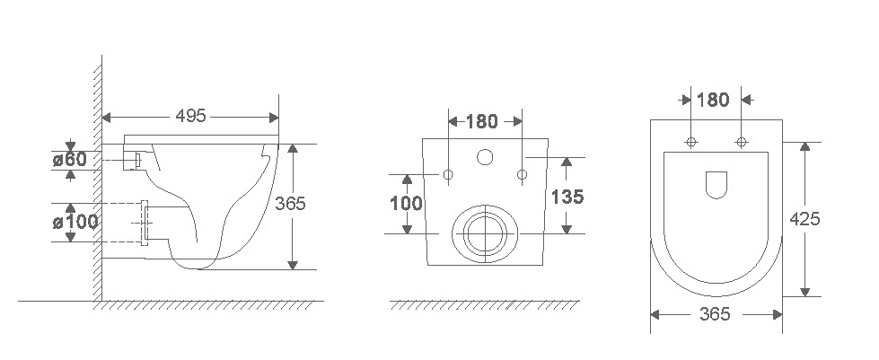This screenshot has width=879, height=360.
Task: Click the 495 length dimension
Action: coord(190,116)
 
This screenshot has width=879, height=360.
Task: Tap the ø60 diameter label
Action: coord(69,160)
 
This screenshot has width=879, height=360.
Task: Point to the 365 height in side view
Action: coord(292,204)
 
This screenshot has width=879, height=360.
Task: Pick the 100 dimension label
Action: coord(406,203)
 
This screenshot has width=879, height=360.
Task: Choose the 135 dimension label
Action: coord(568,197)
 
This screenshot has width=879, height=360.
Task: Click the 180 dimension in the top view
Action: coord(714,100)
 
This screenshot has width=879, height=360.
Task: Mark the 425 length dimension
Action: coord(805,219)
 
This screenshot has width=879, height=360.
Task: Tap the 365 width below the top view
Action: coord(716,314)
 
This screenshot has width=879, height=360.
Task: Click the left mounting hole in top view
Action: coord(691,142)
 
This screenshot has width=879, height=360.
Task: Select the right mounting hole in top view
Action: coord(742,142)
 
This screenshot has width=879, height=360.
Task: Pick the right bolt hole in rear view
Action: coord(522,173)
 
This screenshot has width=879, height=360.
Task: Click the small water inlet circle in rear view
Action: coord(486,159)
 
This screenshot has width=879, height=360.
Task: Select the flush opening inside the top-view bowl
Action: coord(716,184)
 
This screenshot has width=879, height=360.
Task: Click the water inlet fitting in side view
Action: coord(132,161)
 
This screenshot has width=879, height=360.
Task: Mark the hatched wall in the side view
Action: coord(95,180)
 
